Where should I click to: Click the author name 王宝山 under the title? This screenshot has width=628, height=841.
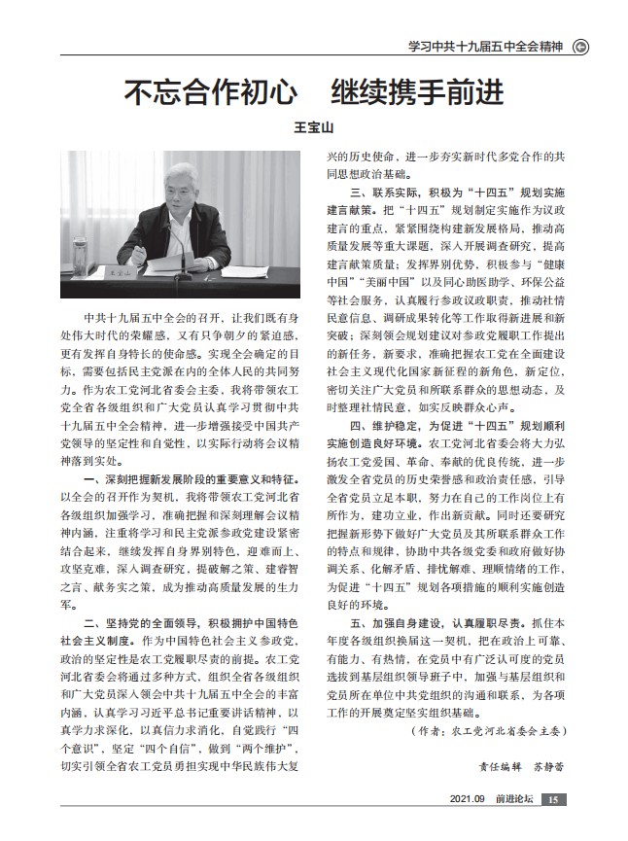coord(313,126)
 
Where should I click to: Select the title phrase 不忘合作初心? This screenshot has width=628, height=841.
coord(210,94)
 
